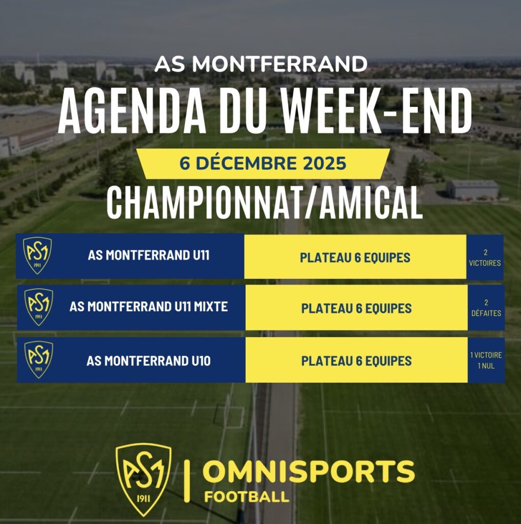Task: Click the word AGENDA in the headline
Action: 132,111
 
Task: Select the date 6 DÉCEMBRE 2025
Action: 263,163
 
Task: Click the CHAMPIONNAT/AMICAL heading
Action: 265,203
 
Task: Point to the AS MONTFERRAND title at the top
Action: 261,63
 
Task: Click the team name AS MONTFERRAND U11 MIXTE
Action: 149,307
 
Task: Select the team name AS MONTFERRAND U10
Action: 149,361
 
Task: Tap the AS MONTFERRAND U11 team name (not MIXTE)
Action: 149,255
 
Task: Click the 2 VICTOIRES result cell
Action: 485,257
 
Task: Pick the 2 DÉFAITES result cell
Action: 486,308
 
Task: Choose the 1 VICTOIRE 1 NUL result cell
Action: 486,360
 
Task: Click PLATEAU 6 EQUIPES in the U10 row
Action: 356,361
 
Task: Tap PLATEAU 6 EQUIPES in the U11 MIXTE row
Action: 356,309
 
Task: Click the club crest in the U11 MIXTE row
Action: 39,307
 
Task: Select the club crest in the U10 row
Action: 39,360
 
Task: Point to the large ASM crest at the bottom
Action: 143,480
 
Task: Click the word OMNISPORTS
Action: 309,471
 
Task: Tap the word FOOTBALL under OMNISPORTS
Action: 247,496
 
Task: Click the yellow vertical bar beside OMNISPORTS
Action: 187,481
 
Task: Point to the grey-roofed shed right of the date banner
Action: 472,189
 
